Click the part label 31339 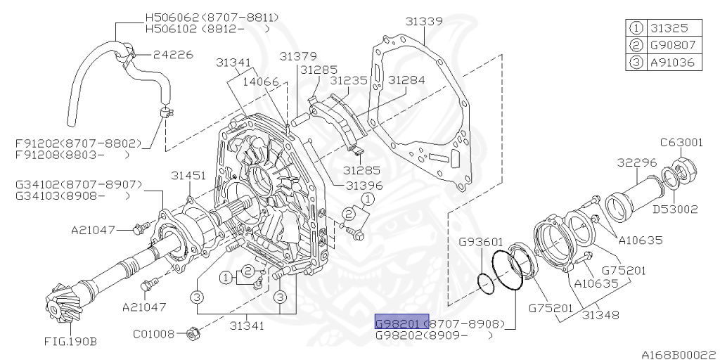click(424, 22)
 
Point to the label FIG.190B click(70, 342)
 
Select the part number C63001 click(681, 142)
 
